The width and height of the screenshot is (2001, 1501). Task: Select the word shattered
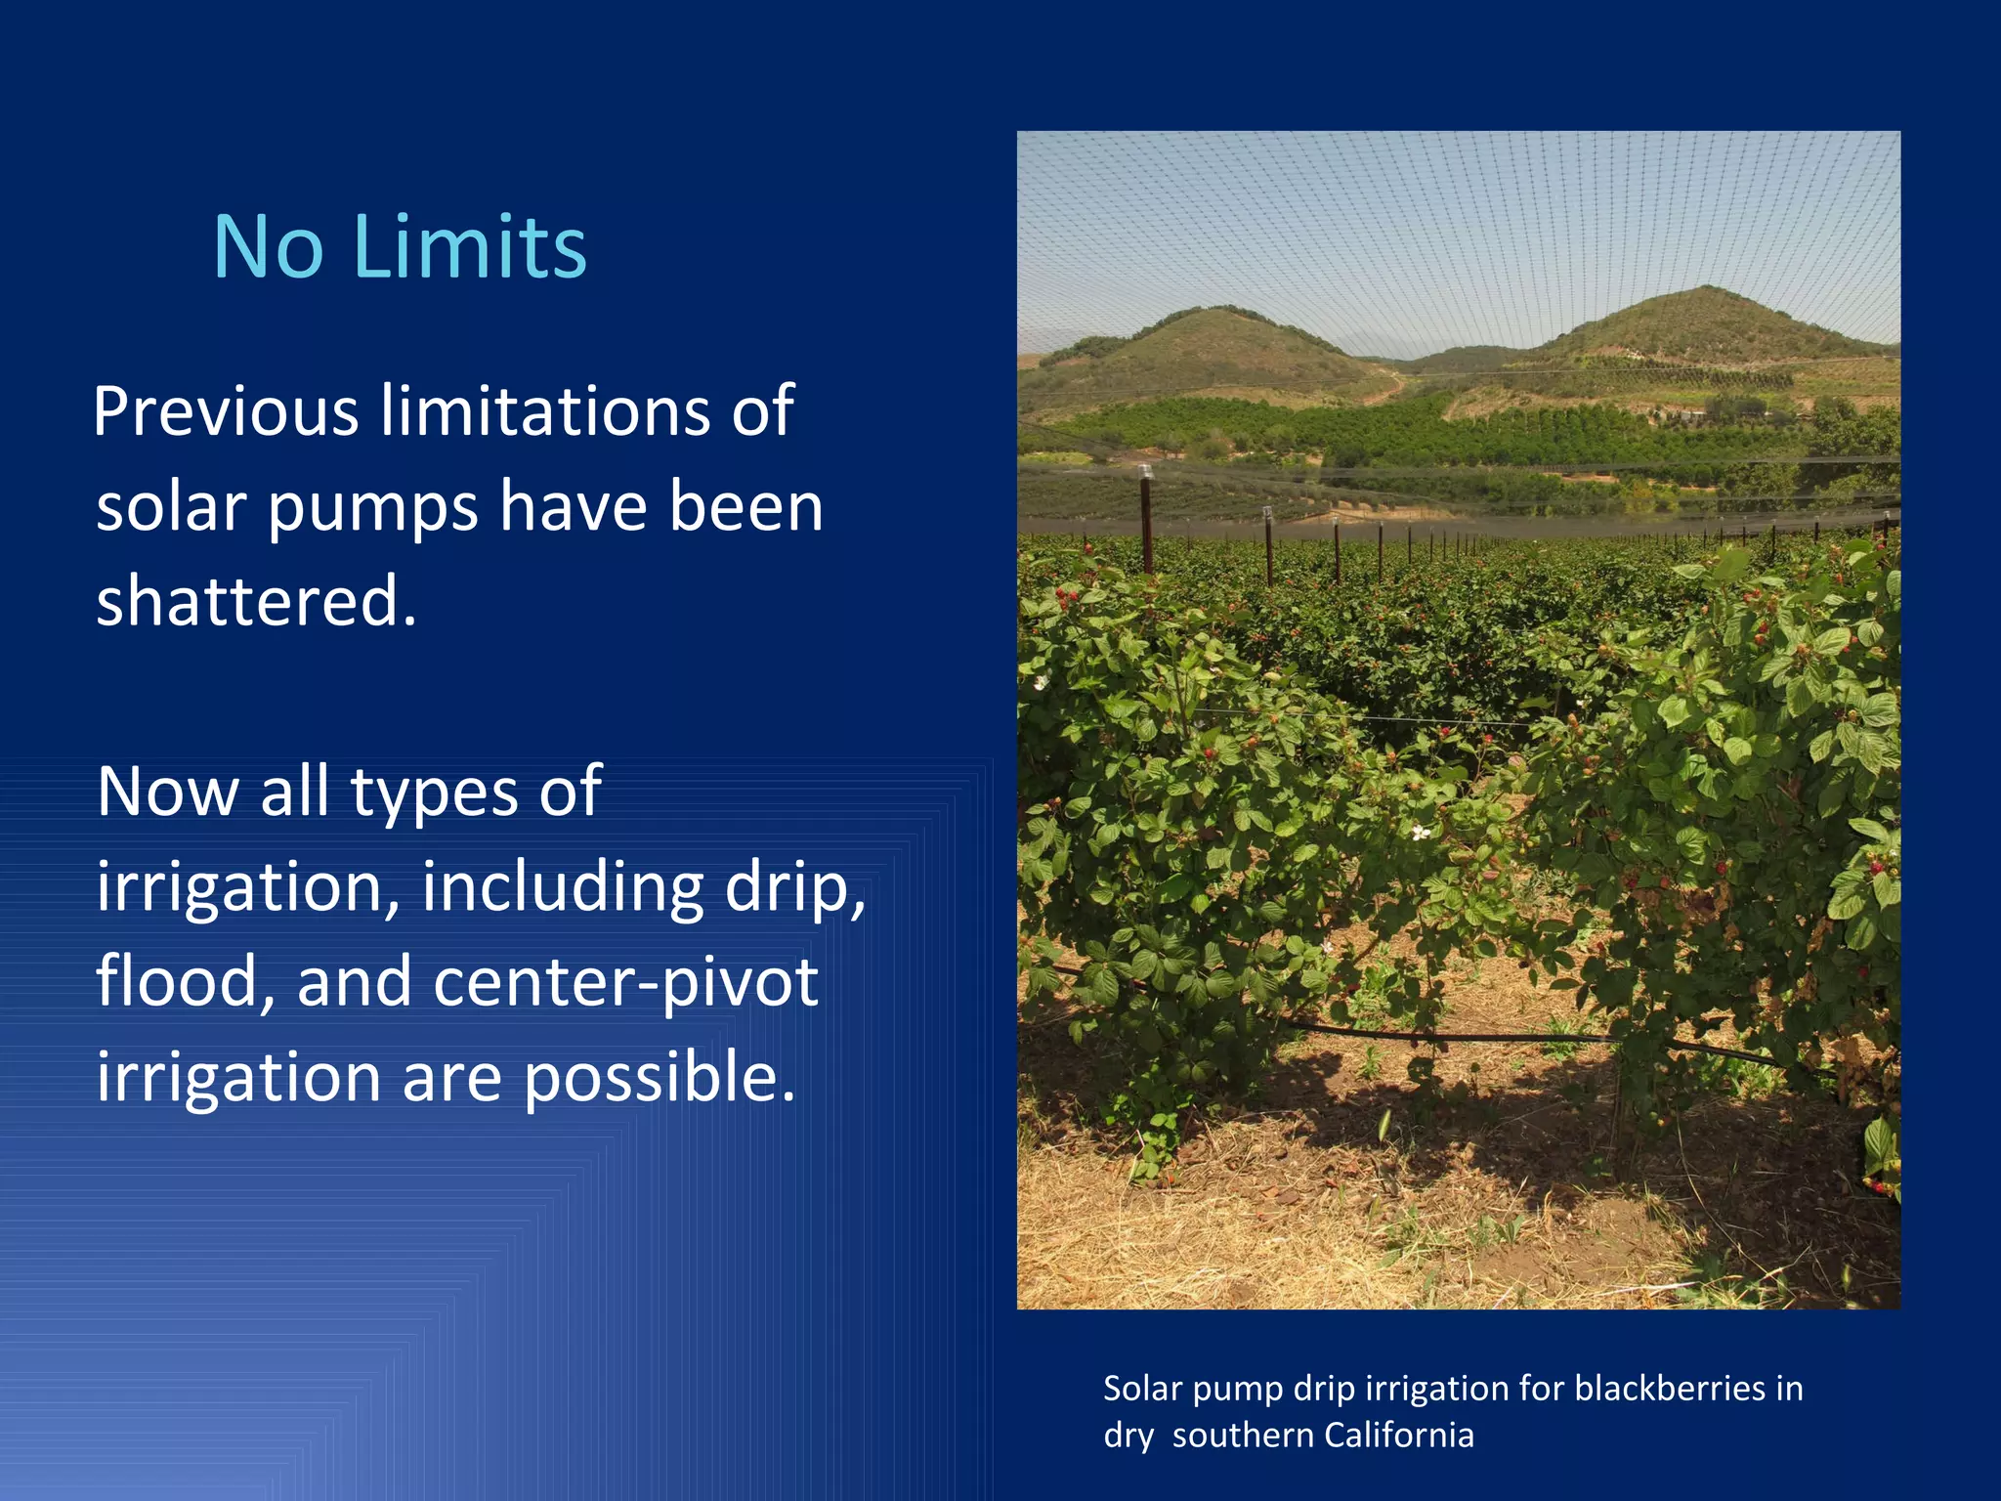pos(256,600)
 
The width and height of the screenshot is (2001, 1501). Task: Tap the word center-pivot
pos(625,982)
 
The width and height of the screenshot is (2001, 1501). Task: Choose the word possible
pos(660,1077)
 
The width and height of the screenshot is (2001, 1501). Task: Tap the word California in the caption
pos(1399,1436)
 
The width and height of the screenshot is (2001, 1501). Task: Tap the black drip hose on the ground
pos(1466,1035)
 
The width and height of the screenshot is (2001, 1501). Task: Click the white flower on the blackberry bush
pos(1420,833)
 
